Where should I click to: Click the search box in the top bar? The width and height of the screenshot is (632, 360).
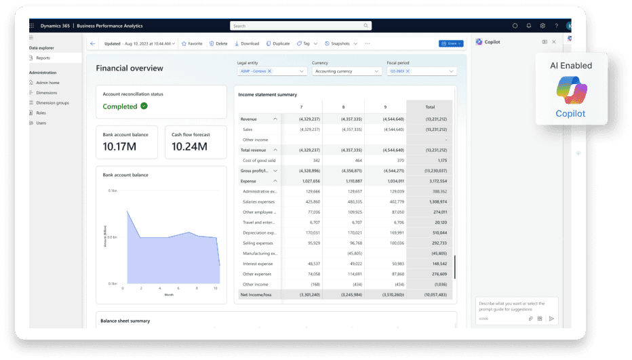click(300, 26)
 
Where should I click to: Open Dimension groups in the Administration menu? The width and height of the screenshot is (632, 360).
click(52, 102)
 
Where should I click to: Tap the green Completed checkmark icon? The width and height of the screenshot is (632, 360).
click(144, 106)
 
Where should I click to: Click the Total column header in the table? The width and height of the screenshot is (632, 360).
click(429, 107)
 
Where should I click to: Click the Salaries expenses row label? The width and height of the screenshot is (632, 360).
click(259, 201)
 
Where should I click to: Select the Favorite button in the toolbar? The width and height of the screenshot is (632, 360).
click(192, 43)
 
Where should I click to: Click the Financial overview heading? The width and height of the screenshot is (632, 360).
click(130, 68)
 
